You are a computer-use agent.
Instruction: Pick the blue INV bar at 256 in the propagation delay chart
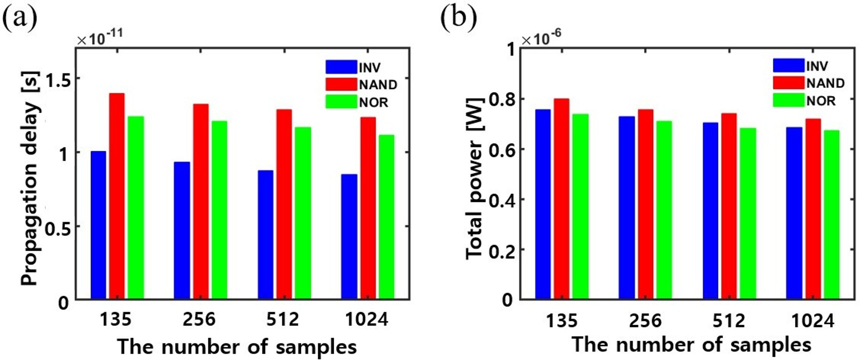coord(182,230)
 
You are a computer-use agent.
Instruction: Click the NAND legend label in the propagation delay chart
coord(378,84)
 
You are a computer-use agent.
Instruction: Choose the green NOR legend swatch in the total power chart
coord(789,100)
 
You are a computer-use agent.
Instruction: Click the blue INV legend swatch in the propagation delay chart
coord(341,67)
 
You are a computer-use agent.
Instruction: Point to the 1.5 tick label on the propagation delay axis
coord(57,78)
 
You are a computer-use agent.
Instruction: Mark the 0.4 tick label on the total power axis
coord(501,200)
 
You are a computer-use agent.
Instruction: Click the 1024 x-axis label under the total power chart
coord(813,320)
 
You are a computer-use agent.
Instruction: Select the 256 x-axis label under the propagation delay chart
coord(199,319)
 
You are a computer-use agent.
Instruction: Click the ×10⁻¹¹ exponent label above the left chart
coord(100,37)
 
